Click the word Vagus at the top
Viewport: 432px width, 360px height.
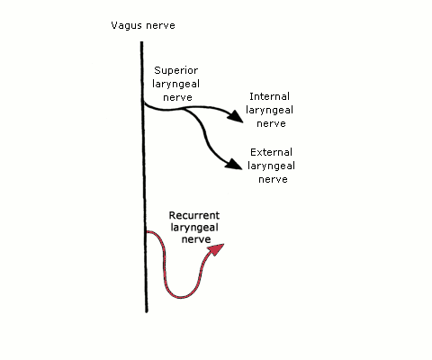coord(125,26)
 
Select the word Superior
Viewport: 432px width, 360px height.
coord(176,71)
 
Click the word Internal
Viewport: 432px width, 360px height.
coord(269,96)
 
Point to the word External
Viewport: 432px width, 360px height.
coord(271,152)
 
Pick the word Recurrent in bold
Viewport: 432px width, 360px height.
coord(194,215)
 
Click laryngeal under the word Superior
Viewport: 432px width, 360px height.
coord(176,85)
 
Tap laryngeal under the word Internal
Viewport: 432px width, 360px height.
coord(269,111)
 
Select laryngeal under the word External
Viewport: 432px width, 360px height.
coord(271,166)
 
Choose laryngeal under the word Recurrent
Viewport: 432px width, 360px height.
coord(194,228)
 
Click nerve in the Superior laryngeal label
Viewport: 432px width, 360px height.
coord(177,98)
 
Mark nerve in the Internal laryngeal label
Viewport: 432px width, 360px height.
coord(271,123)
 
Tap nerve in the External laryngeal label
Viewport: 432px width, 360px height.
coord(273,179)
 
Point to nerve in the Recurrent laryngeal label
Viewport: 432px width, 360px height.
coord(196,239)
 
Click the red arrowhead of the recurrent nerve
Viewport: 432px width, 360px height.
coord(217,249)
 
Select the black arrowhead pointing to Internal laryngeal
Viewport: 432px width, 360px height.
coord(236,116)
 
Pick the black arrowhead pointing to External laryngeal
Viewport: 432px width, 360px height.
coord(234,164)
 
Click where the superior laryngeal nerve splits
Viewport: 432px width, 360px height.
coord(184,109)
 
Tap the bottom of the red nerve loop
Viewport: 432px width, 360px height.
coord(181,297)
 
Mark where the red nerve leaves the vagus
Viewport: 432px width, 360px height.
coord(147,232)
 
